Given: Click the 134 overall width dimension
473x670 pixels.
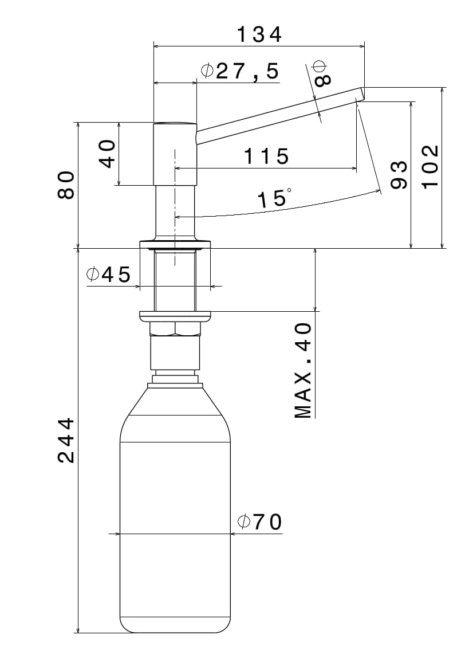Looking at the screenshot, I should (259, 35).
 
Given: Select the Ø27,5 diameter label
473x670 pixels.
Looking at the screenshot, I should (240, 71).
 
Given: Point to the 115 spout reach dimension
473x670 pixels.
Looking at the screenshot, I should (266, 156).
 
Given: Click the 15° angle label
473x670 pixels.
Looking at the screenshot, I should (274, 199).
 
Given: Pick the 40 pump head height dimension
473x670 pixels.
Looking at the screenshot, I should (108, 154).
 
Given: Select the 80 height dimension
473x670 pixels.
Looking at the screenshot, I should (66, 185).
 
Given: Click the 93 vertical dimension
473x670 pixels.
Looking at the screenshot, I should (399, 175).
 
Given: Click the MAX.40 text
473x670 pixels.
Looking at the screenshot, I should (303, 370).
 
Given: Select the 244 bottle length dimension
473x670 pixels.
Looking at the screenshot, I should (66, 440).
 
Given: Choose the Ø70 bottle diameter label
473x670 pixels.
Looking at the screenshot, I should (259, 522).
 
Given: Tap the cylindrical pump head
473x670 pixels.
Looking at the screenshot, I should (175, 153).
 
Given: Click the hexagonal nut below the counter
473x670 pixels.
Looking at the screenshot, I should (175, 328).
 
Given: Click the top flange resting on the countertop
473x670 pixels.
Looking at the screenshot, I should (175, 244).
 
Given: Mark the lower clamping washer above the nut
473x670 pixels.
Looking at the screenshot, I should (175, 315).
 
